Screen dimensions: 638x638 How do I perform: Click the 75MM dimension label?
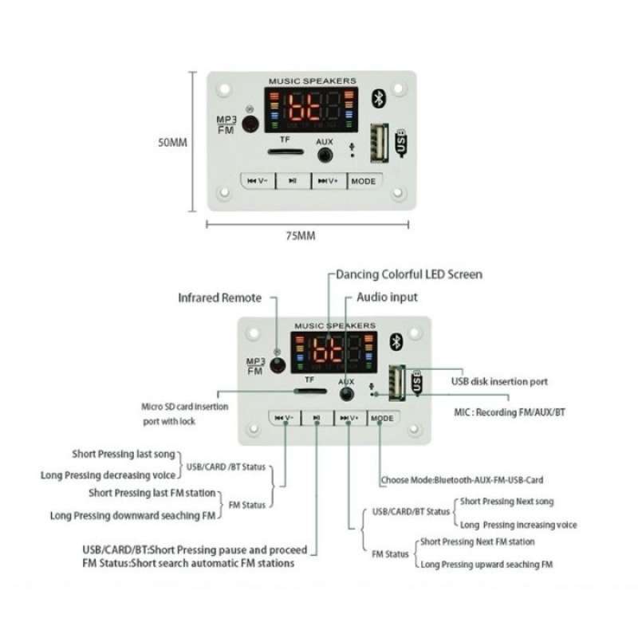click(x=301, y=236)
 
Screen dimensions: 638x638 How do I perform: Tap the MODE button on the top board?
click(x=363, y=181)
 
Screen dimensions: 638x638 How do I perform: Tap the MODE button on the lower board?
click(x=382, y=418)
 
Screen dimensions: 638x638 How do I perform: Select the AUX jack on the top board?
click(x=325, y=152)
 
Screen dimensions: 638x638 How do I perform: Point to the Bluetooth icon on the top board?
click(x=380, y=98)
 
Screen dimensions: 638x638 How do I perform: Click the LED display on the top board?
click(x=310, y=109)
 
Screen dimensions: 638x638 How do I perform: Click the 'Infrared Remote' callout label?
click(x=219, y=297)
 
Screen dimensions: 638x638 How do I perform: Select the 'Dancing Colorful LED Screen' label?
click(x=408, y=274)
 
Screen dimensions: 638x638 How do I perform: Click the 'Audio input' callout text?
click(x=387, y=297)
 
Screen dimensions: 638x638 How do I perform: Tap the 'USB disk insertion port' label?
click(x=499, y=382)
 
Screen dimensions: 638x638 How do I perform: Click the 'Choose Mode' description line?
click(x=462, y=480)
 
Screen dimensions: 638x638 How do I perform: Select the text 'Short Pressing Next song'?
click(x=507, y=502)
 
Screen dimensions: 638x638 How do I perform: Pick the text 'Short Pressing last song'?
click(x=123, y=454)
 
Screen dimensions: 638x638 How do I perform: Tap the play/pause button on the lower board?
click(x=317, y=418)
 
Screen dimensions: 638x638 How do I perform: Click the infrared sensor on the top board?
click(x=250, y=124)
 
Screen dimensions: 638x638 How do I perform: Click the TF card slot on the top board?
click(x=285, y=151)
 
